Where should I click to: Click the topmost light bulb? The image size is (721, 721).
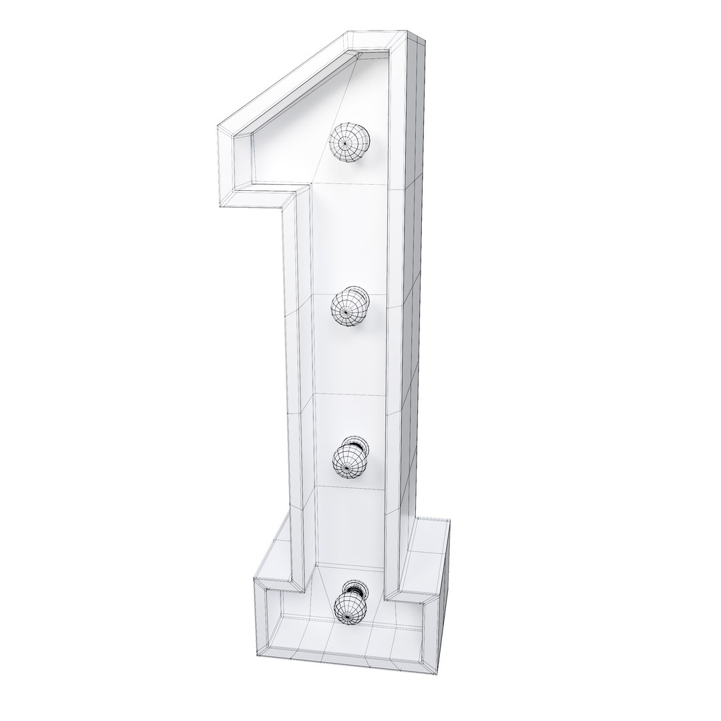tap(350, 143)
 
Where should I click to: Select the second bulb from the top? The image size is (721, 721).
tap(349, 306)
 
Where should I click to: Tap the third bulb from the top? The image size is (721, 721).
tap(350, 459)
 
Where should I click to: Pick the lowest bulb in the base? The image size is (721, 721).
tap(352, 606)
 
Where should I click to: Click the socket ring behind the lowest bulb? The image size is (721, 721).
tap(355, 589)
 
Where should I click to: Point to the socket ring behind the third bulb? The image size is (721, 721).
tap(354, 443)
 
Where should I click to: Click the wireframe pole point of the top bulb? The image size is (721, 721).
tap(345, 142)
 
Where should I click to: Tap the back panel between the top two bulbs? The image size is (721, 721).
tap(347, 227)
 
